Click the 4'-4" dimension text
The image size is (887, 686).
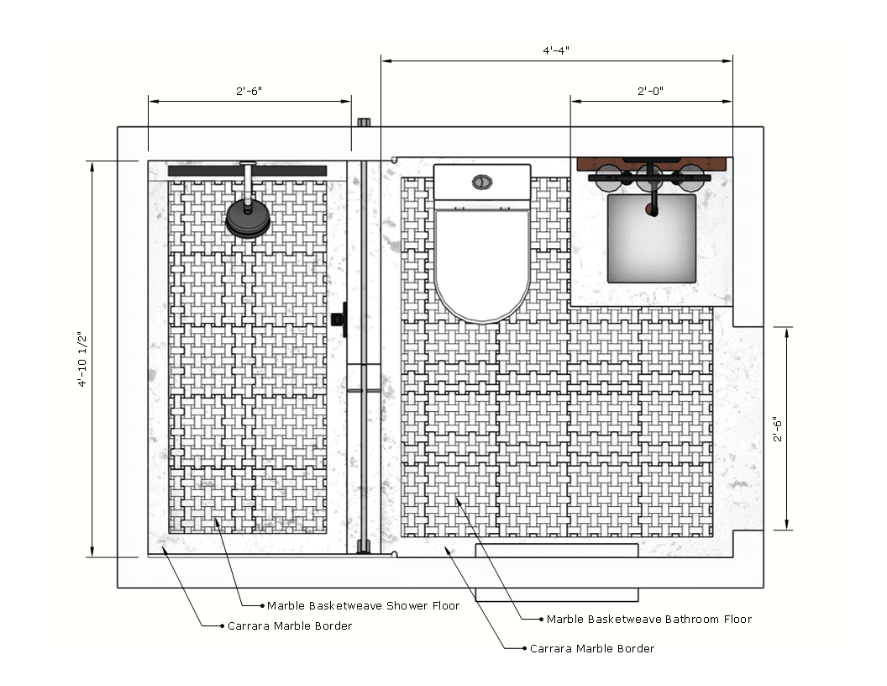555,50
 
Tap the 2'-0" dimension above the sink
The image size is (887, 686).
650,91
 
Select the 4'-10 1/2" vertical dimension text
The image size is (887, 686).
82,359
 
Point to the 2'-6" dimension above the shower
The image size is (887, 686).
249,91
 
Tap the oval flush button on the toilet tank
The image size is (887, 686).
482,182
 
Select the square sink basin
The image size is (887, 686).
652,238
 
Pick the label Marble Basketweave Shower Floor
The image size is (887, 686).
363,605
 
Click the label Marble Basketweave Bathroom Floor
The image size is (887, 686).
648,620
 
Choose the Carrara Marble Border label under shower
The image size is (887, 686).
290,626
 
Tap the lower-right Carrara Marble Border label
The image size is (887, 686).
591,649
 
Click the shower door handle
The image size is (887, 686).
339,319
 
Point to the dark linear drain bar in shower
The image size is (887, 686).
247,171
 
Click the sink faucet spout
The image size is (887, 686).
653,198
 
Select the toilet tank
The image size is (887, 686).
482,182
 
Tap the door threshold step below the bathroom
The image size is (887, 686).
557,594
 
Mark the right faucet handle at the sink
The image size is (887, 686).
691,178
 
